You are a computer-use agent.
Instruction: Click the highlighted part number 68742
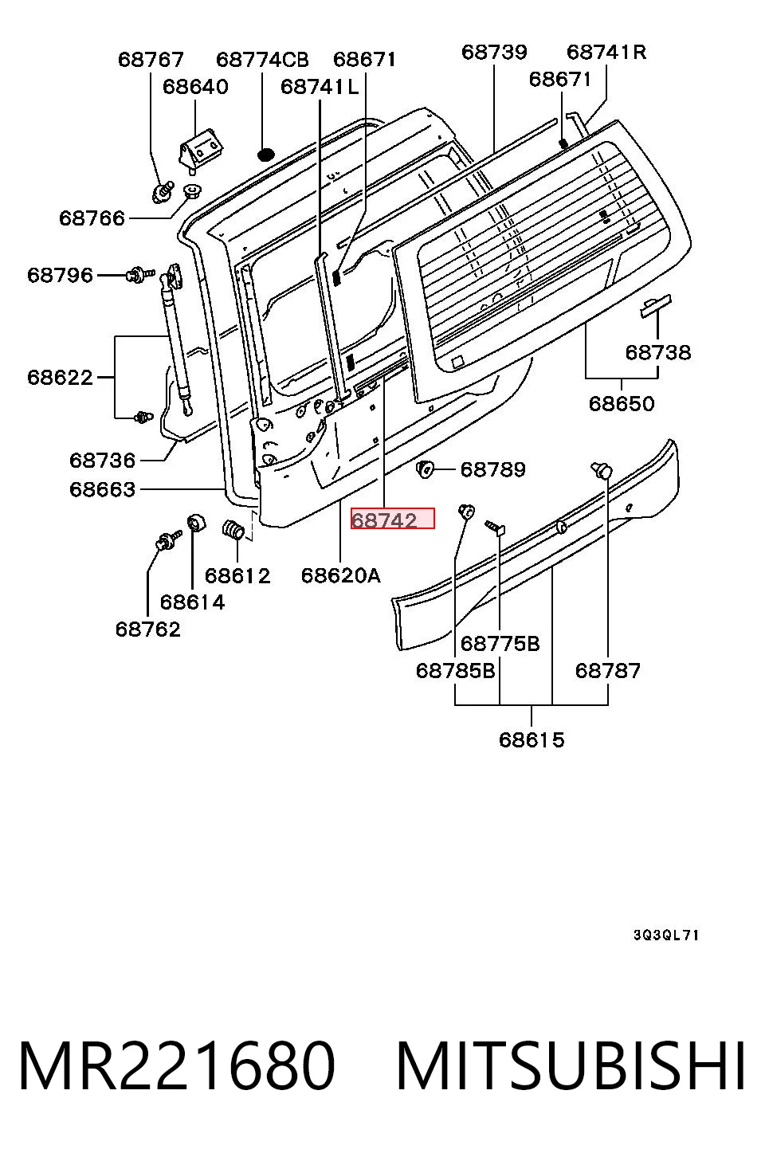coord(384,520)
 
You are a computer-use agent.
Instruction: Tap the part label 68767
coord(151,60)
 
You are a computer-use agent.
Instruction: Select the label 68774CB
coord(262,60)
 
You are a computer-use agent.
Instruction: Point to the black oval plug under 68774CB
coord(265,154)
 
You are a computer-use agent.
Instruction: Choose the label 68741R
coord(606,52)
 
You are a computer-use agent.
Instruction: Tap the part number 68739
coord(494,52)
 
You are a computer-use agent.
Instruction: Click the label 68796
coord(60,275)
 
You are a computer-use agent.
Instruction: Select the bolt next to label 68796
coord(140,274)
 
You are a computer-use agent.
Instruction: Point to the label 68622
coord(60,378)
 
